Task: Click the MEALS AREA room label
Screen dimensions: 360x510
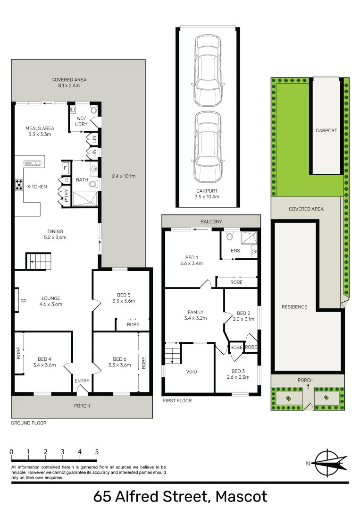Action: point(40,128)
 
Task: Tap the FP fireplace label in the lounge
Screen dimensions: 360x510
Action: point(24,301)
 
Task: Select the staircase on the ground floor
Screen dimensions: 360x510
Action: point(38,261)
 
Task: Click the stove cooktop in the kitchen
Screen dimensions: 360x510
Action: point(19,185)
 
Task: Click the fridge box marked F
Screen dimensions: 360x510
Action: point(65,168)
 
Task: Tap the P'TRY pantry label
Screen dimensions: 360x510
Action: point(67,195)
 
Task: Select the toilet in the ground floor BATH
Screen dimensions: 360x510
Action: point(93,184)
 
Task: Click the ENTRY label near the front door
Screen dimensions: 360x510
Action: point(82,381)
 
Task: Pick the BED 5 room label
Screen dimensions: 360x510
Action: point(124,295)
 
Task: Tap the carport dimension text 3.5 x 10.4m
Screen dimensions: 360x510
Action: point(207,196)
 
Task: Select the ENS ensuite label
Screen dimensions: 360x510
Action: point(235,250)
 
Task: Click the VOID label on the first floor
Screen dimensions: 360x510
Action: point(192,372)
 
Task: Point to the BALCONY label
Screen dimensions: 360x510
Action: point(211,221)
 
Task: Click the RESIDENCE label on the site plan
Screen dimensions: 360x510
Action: point(294,307)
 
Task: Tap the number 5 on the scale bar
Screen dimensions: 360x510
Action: point(97,452)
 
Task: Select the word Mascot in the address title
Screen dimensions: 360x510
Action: point(242,497)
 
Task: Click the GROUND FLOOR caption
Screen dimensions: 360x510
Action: point(29,423)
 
